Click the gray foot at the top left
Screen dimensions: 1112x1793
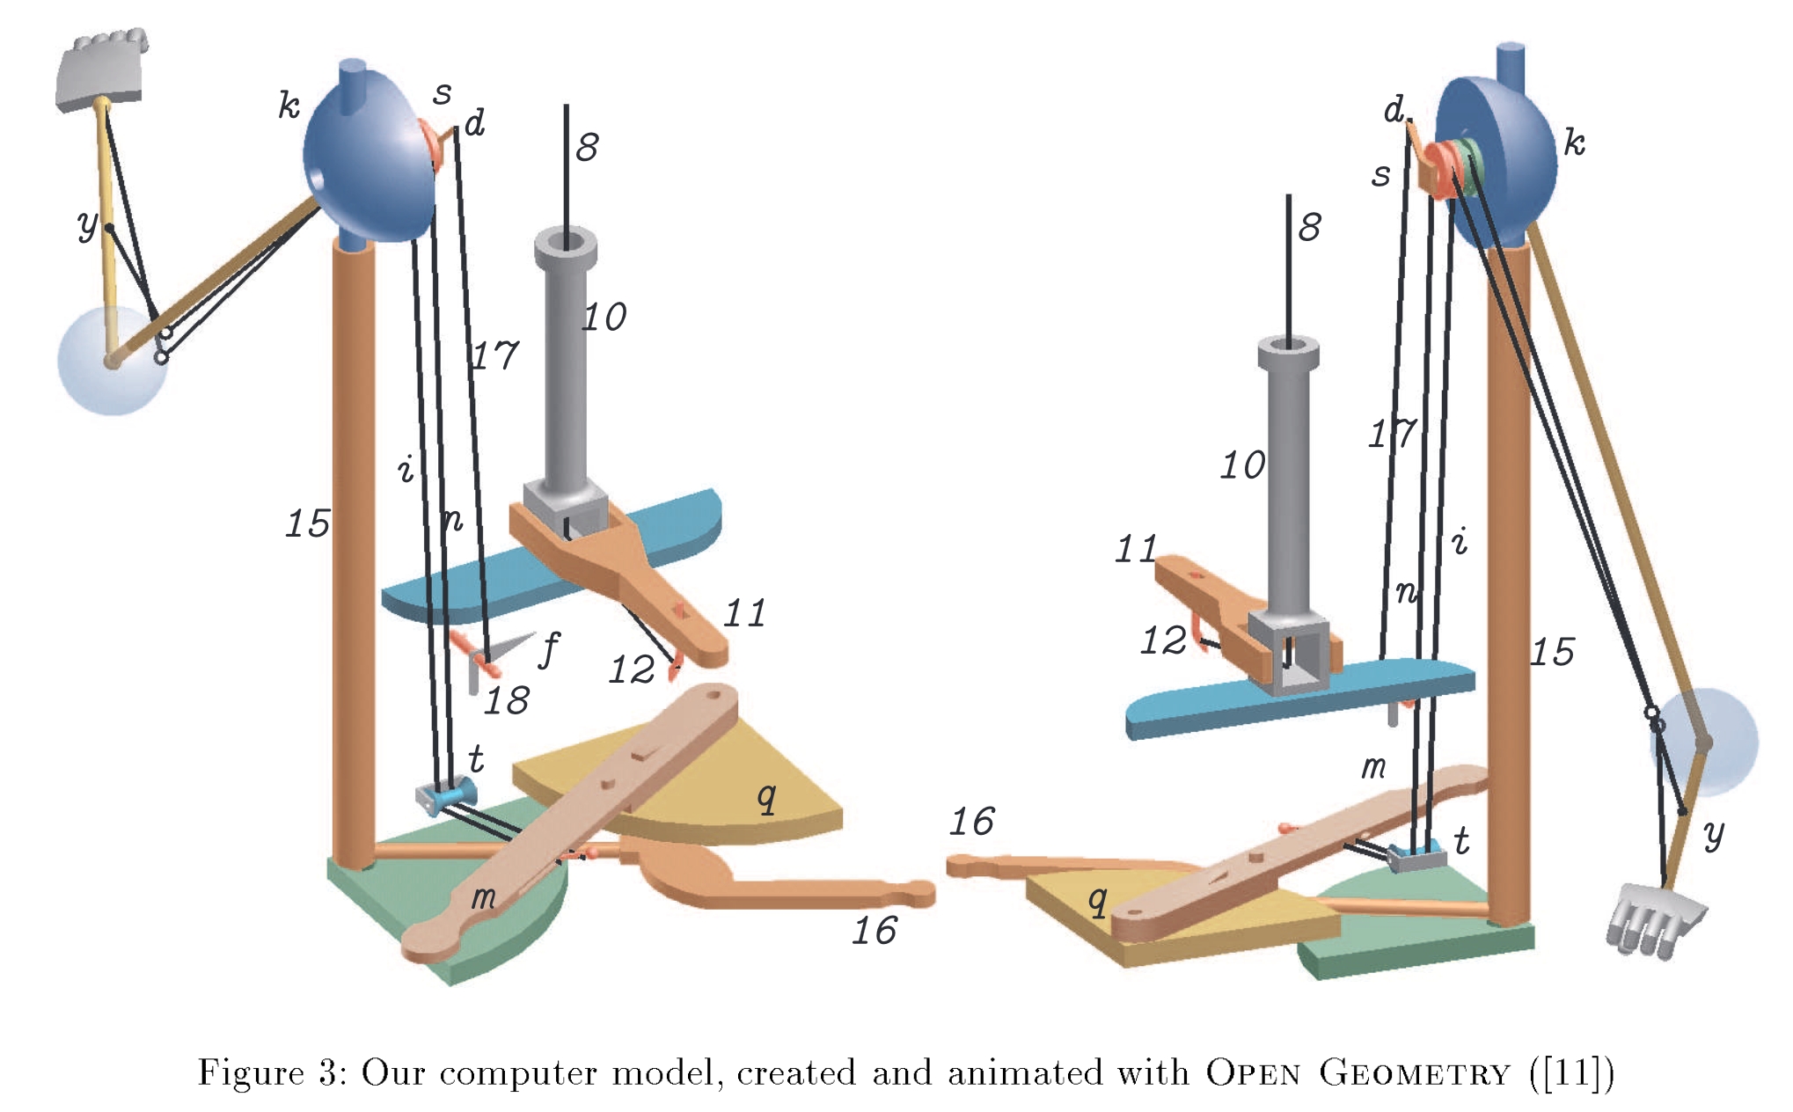point(100,70)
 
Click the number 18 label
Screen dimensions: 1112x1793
point(507,701)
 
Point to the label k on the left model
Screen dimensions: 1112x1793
point(289,106)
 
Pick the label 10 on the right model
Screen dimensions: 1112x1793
point(1241,465)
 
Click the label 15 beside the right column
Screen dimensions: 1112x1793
point(1552,653)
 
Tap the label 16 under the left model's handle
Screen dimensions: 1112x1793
point(874,931)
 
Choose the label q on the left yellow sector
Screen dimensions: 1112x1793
point(767,798)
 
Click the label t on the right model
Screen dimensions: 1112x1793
point(1462,841)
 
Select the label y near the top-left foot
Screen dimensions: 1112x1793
point(87,225)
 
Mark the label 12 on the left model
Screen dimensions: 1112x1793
point(632,670)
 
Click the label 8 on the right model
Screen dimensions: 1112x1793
point(1309,227)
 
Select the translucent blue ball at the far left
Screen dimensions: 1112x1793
point(110,361)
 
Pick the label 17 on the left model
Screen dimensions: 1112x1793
point(495,356)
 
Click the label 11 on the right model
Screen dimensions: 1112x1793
point(1135,550)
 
